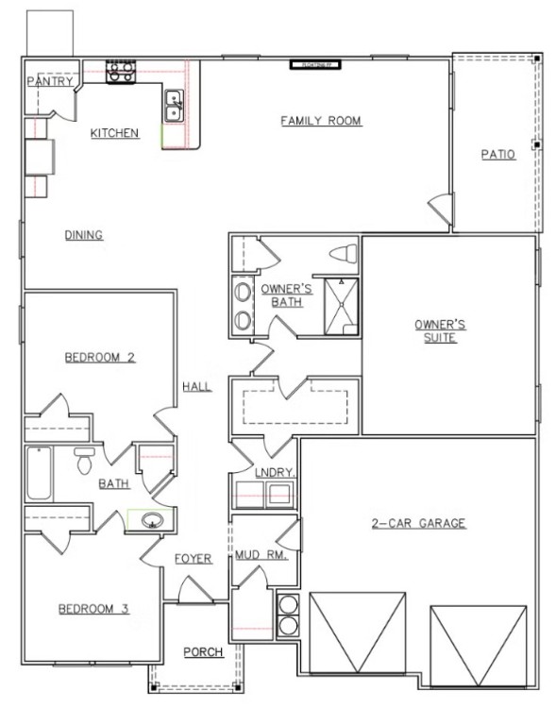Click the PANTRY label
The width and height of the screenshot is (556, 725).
(48, 82)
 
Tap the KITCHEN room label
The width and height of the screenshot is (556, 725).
(115, 133)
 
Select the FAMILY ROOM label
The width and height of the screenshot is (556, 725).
(322, 121)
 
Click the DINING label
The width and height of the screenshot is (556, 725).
(83, 235)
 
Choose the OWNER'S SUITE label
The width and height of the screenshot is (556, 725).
(440, 330)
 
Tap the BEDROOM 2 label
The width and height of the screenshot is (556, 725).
(100, 357)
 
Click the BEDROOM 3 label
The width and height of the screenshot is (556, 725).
(93, 609)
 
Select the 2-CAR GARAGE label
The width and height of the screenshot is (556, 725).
(418, 523)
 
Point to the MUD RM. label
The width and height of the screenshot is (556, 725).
(254, 555)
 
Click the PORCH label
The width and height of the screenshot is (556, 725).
(202, 651)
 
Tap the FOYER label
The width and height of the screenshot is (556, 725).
(194, 559)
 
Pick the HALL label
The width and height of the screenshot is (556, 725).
(197, 386)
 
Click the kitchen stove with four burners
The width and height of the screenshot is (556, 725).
(121, 73)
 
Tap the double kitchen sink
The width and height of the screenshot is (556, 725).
(175, 105)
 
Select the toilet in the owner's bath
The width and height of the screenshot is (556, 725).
(345, 253)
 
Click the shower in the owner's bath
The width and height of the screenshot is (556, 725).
(341, 307)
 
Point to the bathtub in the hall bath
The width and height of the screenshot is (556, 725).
(39, 474)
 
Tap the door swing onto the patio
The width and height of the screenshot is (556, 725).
(439, 206)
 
